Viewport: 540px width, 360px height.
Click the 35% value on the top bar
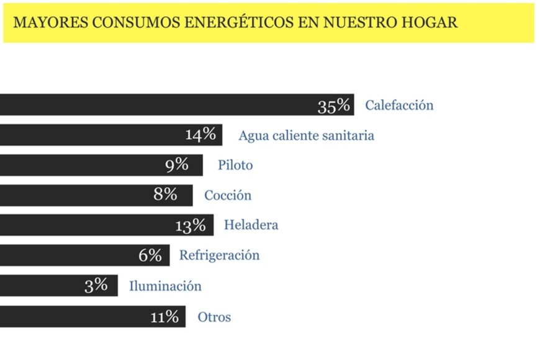click(x=335, y=106)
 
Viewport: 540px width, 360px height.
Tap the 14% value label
click(x=200, y=135)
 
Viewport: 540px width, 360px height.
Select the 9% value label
click(x=177, y=165)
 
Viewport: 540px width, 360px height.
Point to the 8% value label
click(x=165, y=195)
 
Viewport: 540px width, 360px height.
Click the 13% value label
click(x=190, y=225)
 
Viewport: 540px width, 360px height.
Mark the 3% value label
click(x=96, y=286)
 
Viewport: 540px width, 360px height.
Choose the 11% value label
click(x=164, y=317)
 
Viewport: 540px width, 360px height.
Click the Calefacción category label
click(x=399, y=105)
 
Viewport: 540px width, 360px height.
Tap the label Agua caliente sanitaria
click(x=306, y=135)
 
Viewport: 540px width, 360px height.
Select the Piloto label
click(x=235, y=165)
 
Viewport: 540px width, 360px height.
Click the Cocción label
click(x=228, y=196)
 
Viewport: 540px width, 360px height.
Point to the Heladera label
click(x=251, y=225)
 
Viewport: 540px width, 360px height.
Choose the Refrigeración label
click(x=219, y=255)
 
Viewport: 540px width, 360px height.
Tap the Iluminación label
click(x=165, y=286)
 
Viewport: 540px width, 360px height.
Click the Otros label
click(x=214, y=317)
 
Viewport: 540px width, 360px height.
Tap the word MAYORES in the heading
click(x=42, y=23)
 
